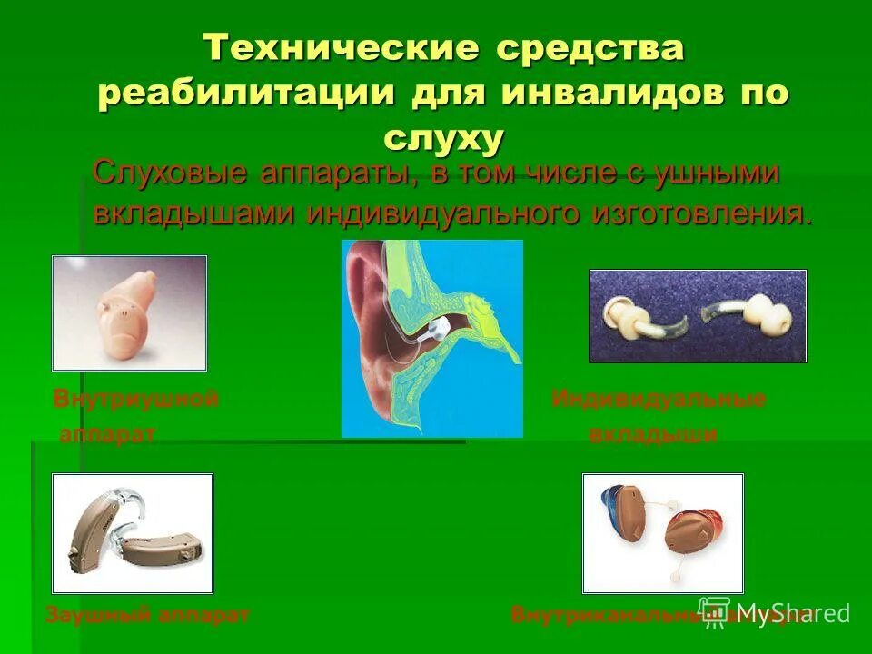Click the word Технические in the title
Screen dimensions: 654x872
(x=340, y=48)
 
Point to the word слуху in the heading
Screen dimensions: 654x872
(x=443, y=138)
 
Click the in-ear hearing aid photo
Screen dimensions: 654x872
(x=129, y=313)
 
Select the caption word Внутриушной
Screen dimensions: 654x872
(x=136, y=399)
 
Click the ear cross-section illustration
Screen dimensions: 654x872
(x=431, y=338)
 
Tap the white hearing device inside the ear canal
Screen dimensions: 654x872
(x=437, y=328)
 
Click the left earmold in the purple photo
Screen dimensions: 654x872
(x=636, y=313)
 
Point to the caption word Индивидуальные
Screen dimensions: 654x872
(x=659, y=399)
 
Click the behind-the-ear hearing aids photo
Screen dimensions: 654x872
(x=133, y=533)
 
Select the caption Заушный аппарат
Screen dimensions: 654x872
(x=147, y=615)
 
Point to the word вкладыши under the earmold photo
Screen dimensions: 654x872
(x=653, y=434)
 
